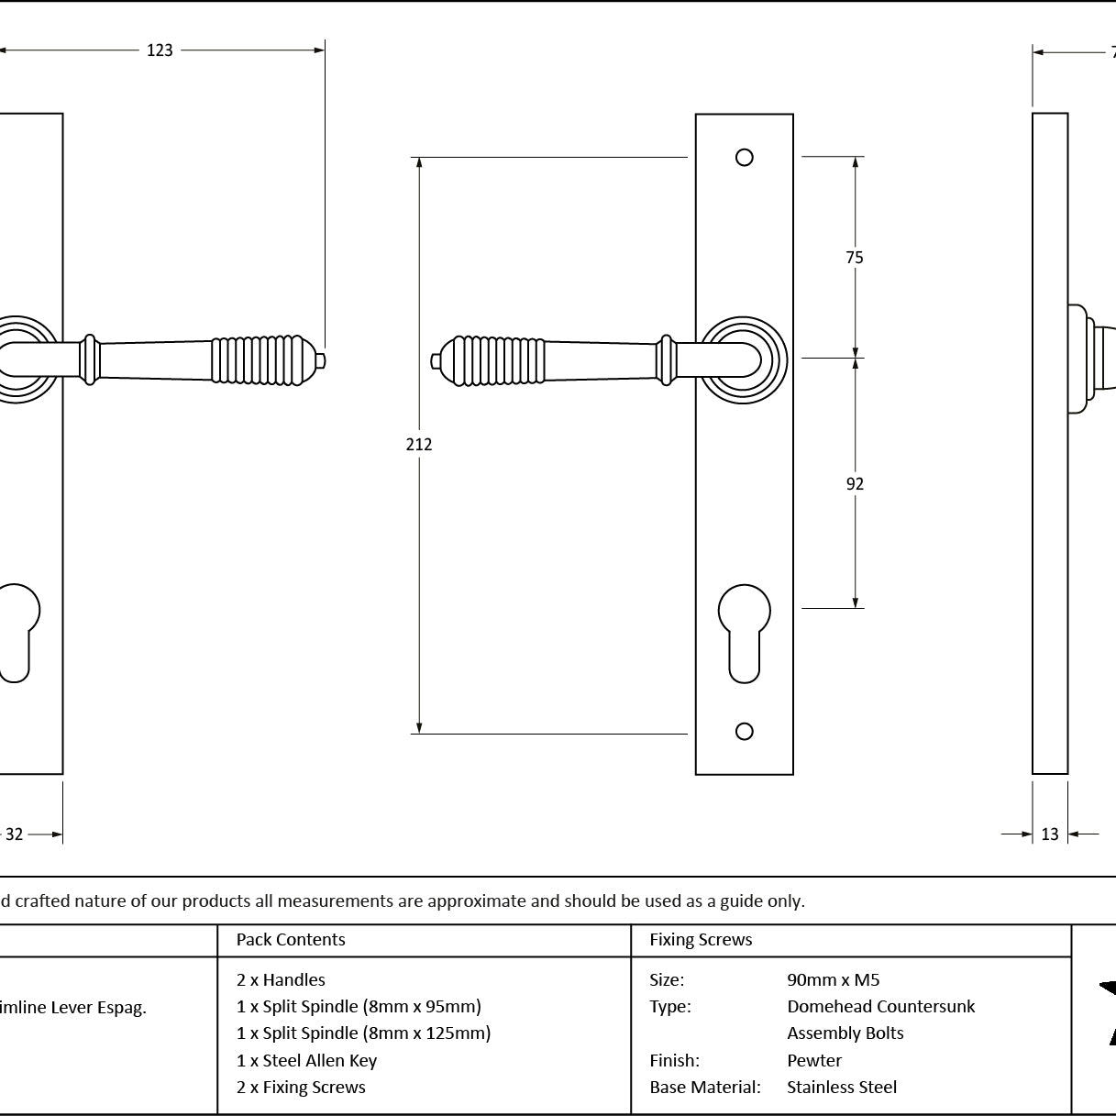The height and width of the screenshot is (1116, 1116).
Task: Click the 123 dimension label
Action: pos(160,50)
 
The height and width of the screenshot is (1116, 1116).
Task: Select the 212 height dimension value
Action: pos(419,445)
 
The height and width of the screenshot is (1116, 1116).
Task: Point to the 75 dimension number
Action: pos(855,258)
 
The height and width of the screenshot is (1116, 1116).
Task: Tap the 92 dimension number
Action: pos(855,484)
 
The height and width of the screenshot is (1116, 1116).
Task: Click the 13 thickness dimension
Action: pos(1050,834)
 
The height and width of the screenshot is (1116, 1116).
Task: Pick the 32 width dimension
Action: pos(15,834)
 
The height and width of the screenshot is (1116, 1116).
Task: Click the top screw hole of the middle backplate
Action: pos(745,158)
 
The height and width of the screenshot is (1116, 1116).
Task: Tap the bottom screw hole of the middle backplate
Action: pos(745,731)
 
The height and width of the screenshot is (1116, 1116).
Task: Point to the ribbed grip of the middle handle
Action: pos(495,360)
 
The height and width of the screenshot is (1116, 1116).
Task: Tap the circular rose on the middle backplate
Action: pos(744,360)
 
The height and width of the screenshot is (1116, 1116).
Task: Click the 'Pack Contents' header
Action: pos(291,940)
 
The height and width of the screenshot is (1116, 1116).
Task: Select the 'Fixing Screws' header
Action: pos(701,940)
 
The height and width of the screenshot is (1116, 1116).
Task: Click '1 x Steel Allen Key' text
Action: pos(306,1061)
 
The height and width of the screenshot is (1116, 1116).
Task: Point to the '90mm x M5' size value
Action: pos(833,980)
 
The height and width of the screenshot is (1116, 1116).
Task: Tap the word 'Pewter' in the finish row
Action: pos(814,1061)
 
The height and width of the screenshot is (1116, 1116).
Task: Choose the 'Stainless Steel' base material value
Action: pos(842,1088)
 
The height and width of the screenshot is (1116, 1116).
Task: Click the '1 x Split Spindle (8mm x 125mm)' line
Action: pos(363,1033)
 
